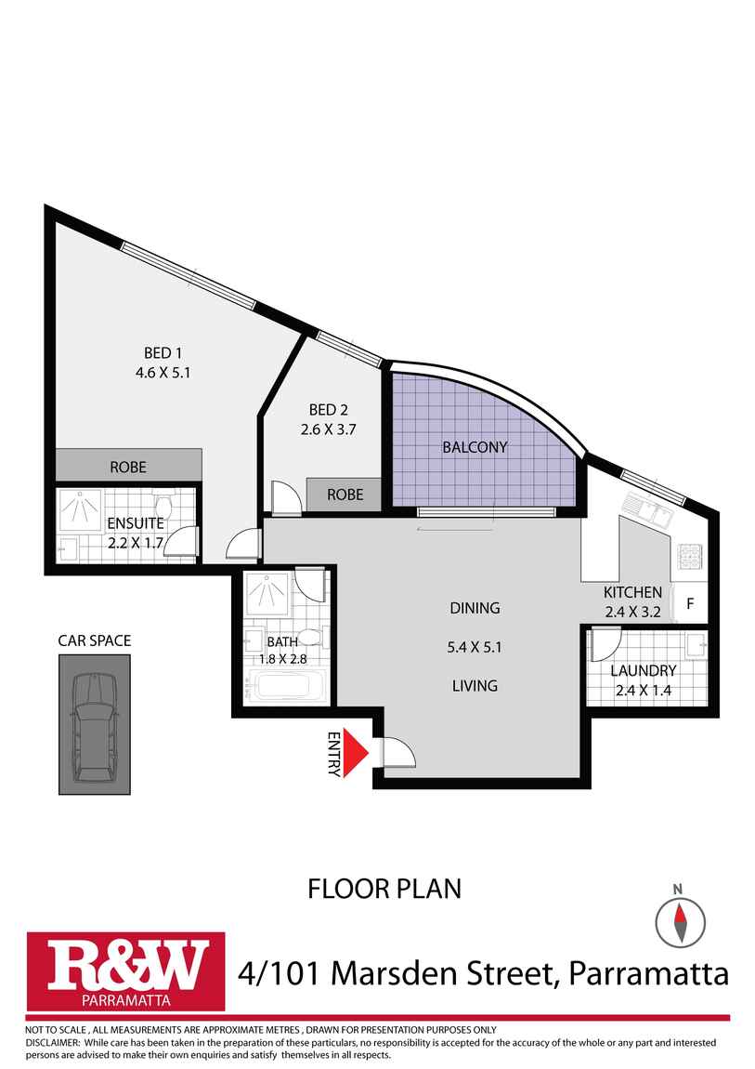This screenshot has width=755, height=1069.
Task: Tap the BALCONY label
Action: pyautogui.click(x=475, y=447)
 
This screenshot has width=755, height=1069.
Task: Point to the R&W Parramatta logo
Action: pyautogui.click(x=126, y=971)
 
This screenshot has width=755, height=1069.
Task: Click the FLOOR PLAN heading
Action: pyautogui.click(x=384, y=889)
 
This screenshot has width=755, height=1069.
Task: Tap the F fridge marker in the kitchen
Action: pyautogui.click(x=690, y=602)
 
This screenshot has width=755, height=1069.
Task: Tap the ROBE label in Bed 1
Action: pyautogui.click(x=128, y=467)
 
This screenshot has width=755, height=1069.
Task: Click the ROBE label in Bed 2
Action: pyautogui.click(x=345, y=495)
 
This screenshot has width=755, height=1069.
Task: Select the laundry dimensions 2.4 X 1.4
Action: pyautogui.click(x=644, y=690)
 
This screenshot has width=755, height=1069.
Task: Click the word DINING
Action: pyautogui.click(x=475, y=608)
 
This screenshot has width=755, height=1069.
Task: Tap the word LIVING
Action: pyautogui.click(x=475, y=686)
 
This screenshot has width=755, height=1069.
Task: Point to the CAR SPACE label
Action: pyautogui.click(x=95, y=640)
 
